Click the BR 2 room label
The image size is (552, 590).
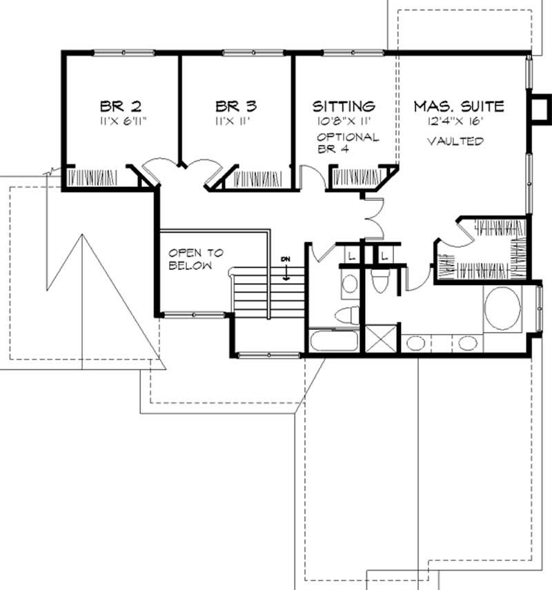[121, 106]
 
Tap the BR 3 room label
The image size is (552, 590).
[236, 106]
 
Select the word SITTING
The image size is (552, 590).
[344, 106]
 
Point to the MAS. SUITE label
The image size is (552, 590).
[459, 106]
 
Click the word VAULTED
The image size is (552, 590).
[455, 141]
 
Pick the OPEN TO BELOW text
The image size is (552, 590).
[196, 259]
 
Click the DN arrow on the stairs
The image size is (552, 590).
[286, 269]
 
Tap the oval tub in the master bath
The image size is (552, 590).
[502, 308]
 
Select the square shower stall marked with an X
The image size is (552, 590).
[381, 339]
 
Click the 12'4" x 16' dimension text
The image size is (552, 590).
[455, 121]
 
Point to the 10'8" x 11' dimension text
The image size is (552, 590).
[344, 121]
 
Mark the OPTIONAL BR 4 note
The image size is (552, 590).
[348, 143]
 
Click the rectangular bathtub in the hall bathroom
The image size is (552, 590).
[334, 341]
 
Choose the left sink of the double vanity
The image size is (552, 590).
[415, 343]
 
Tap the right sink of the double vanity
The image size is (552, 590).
[468, 343]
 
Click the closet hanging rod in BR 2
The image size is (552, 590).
[92, 177]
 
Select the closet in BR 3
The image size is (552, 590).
[257, 178]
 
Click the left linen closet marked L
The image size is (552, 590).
[352, 256]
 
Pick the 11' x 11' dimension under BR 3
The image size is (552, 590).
[233, 121]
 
